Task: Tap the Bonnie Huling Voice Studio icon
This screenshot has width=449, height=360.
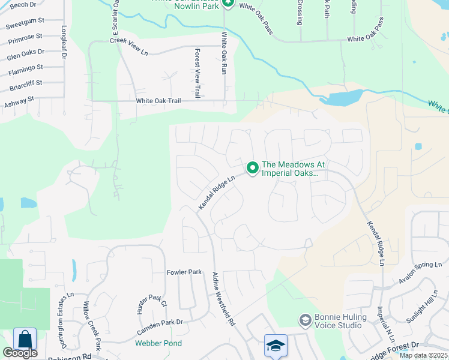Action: point(305,320)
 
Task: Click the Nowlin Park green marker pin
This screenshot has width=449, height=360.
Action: point(228,4)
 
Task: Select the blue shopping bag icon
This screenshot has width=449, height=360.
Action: point(25,340)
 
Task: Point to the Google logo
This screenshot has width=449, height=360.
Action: point(20,353)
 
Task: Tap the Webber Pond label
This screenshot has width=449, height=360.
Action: point(158,343)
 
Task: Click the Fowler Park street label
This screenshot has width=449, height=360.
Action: point(184,272)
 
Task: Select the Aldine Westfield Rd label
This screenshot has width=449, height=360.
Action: point(223,299)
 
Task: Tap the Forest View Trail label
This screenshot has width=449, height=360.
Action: point(197,74)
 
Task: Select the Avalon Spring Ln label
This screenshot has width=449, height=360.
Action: point(420,273)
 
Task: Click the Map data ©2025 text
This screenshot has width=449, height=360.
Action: point(424,355)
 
